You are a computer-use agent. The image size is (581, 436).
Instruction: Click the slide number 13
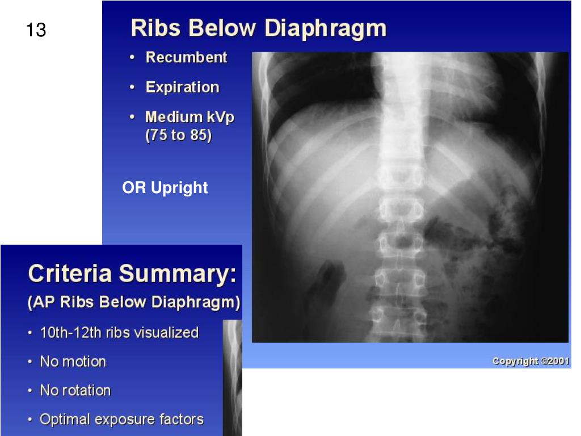click(x=36, y=30)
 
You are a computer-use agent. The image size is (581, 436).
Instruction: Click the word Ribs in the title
click(x=151, y=28)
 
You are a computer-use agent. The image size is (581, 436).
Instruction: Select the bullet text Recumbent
click(x=186, y=57)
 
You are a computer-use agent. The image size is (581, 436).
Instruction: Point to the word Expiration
click(x=182, y=87)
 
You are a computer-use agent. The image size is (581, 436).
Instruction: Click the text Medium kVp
click(x=190, y=118)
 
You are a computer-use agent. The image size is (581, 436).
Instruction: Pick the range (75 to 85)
click(x=179, y=136)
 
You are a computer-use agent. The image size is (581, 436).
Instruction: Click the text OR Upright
click(x=165, y=188)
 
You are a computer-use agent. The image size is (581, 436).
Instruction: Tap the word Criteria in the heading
click(x=70, y=274)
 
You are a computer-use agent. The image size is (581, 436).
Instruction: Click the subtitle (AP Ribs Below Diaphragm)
click(x=134, y=302)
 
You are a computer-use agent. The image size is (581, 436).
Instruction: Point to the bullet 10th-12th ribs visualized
click(x=119, y=333)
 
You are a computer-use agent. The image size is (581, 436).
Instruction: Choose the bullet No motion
click(x=73, y=362)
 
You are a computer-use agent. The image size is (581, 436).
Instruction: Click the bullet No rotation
click(x=75, y=391)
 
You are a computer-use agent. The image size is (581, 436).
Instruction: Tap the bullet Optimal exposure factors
click(x=121, y=420)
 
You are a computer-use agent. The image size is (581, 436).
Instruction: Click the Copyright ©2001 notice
click(x=531, y=361)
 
